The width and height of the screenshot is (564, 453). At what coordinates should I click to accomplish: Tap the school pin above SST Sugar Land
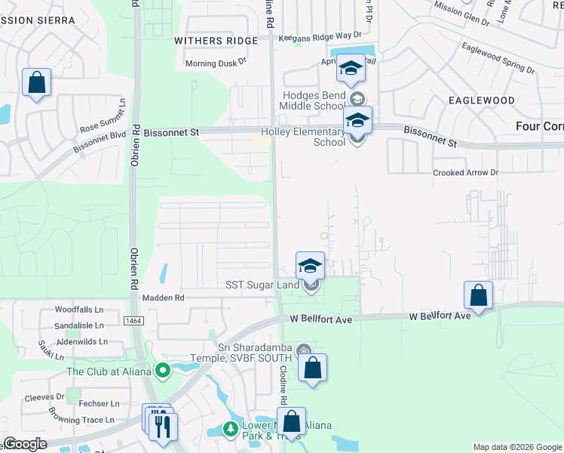click(x=310, y=265)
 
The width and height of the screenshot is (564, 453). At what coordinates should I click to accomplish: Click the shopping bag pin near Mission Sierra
click(x=36, y=83)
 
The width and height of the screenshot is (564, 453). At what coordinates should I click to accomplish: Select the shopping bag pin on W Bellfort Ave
click(x=478, y=295)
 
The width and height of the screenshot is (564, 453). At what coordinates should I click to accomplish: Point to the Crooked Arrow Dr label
click(x=466, y=173)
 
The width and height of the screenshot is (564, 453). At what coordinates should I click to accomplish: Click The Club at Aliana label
click(x=109, y=371)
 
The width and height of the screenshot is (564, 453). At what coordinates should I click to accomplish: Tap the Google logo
click(x=25, y=443)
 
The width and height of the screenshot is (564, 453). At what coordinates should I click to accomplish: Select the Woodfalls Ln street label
click(x=79, y=310)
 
